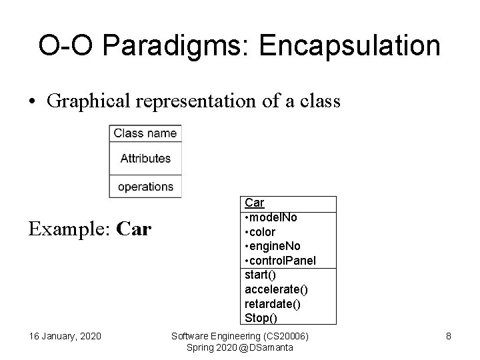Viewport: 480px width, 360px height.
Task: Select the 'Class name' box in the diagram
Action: (x=145, y=133)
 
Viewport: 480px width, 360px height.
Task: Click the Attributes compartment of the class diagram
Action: (x=145, y=159)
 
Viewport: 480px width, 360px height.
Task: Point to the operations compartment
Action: (x=145, y=187)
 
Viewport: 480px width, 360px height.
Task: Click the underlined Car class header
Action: (x=255, y=203)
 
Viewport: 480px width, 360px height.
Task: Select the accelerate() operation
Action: (x=276, y=289)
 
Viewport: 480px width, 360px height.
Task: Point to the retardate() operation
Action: (x=273, y=303)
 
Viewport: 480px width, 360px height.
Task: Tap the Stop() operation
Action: (x=260, y=317)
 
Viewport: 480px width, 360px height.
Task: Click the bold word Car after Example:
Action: (x=134, y=230)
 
